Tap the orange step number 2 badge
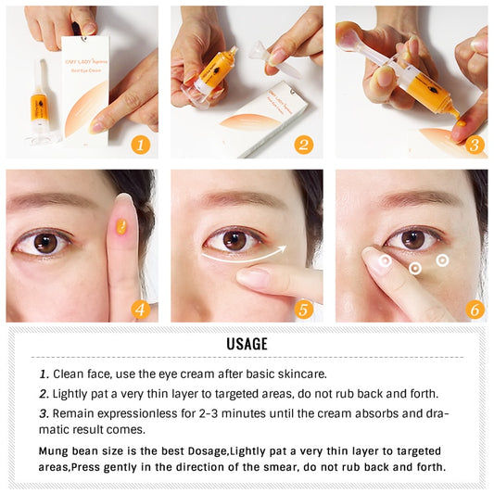pos(305,144)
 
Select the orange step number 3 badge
pos(474,144)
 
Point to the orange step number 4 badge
pos(141,309)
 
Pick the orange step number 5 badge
pos(305,309)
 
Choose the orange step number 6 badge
pos(474,309)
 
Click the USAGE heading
pos(247,345)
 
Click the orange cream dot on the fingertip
pos(119,223)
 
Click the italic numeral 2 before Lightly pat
pos(44,394)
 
